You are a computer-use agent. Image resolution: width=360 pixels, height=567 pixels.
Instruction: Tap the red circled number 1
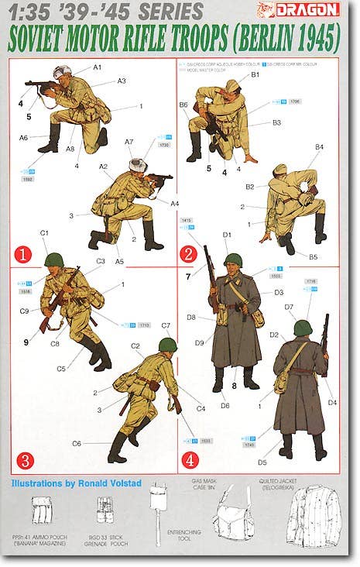click(x=24, y=253)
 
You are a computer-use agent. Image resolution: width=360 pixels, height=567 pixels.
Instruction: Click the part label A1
click(x=98, y=67)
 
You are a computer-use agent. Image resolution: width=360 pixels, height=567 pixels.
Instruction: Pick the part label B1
click(x=255, y=74)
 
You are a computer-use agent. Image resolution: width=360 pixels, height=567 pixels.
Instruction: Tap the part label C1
click(x=44, y=232)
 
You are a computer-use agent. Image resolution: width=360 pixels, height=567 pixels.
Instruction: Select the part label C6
click(x=77, y=443)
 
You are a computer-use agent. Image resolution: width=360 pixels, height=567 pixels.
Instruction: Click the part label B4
click(x=319, y=146)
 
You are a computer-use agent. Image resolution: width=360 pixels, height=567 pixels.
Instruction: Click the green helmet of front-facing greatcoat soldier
click(x=234, y=261)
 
